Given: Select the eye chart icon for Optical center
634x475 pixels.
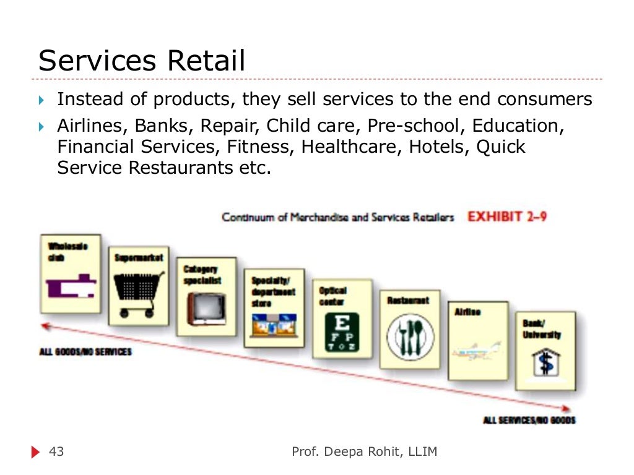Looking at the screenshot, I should point(342,332).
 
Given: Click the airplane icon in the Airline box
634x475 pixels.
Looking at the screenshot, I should point(477,353).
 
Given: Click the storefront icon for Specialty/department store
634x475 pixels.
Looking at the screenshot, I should point(273,323).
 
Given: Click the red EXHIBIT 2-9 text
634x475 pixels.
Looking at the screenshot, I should point(507,217).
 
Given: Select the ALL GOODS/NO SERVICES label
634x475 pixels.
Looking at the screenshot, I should point(85,352).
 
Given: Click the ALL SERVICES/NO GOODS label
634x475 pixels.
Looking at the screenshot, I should point(529,421).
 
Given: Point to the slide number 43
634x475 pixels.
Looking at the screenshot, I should point(56,452).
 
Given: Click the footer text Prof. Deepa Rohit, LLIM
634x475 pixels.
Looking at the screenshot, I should point(364,452).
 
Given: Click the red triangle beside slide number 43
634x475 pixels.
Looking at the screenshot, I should point(35,453).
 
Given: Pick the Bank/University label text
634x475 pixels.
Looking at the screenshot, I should point(541,330).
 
